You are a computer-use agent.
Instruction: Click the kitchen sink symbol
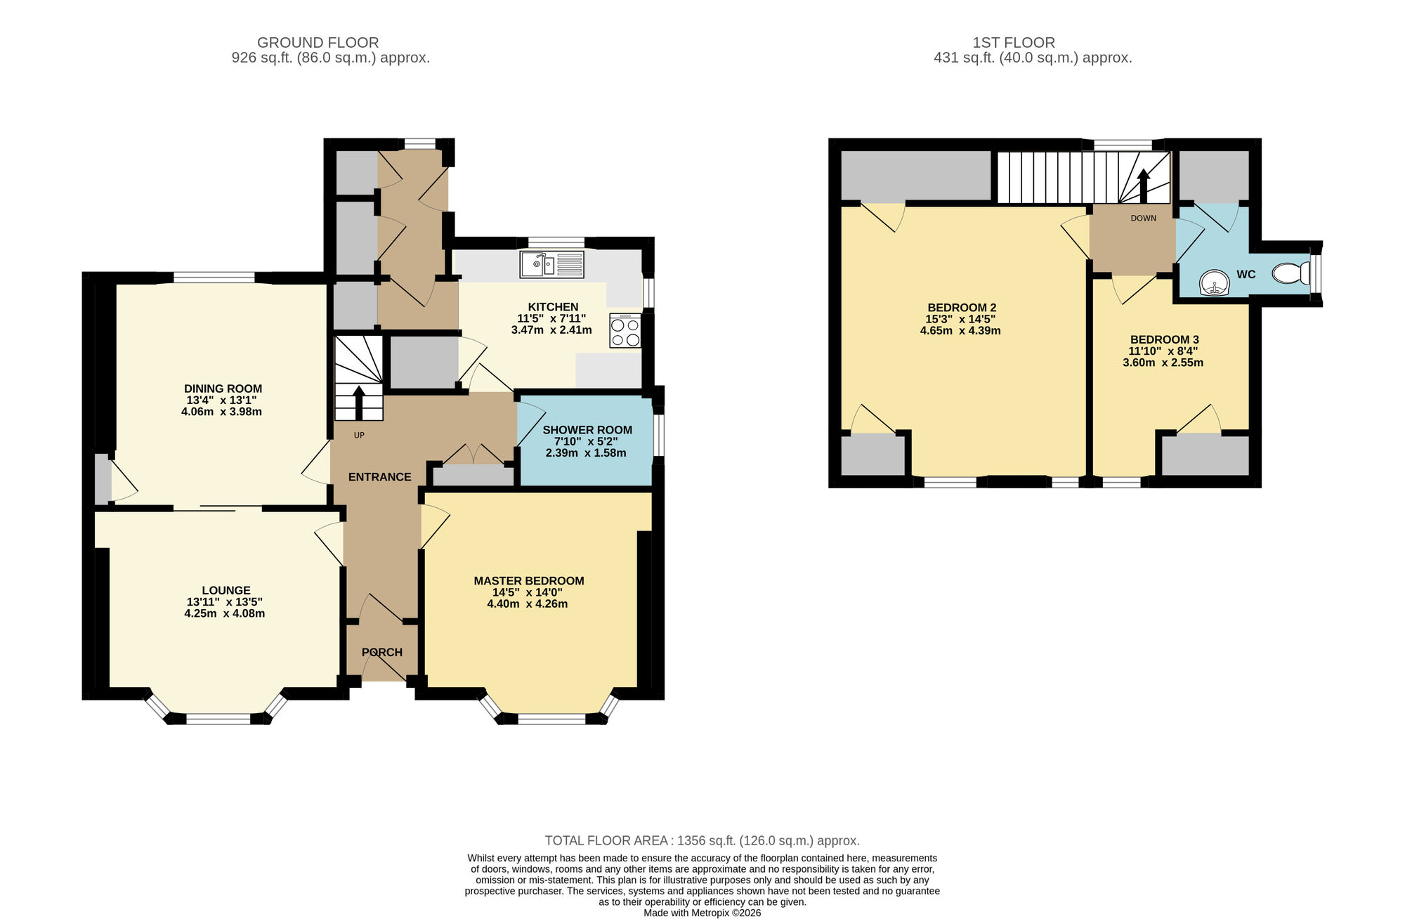point(551,265)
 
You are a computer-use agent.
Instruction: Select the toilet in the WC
point(1291,273)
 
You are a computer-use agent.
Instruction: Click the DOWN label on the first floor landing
point(1143,219)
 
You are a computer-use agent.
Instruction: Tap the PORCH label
point(382,653)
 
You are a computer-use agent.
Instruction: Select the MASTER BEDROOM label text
point(528,581)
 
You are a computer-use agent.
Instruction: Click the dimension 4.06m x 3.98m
point(221,412)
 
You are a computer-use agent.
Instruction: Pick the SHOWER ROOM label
point(587,430)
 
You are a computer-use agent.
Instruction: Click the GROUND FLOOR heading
point(318,43)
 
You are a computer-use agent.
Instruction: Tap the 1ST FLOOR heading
point(1013,43)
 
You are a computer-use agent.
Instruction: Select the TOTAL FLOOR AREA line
point(702,840)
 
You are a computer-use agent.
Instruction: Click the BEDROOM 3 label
point(1164,340)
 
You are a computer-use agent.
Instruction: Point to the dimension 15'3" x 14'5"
point(960,319)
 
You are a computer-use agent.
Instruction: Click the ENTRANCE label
point(379,477)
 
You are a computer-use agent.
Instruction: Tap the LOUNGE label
point(226,591)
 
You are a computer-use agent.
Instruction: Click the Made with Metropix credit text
point(702,913)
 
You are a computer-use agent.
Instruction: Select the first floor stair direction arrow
point(1143,185)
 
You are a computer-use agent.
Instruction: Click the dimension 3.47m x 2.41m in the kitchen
point(551,330)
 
